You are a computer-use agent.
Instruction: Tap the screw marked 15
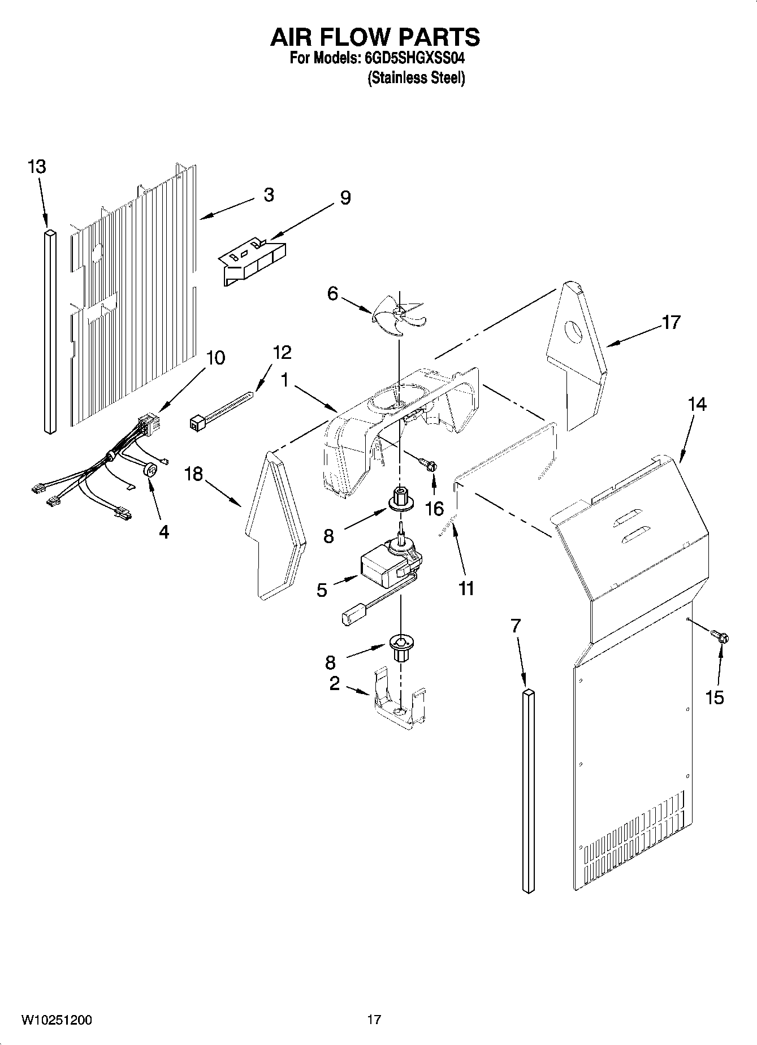(x=721, y=637)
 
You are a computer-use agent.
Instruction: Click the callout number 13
(x=37, y=167)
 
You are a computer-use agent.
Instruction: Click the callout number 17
(x=671, y=322)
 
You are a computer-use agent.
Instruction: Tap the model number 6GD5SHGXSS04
(x=412, y=58)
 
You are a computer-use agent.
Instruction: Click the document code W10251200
(x=57, y=1020)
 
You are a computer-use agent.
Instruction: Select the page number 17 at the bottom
(x=374, y=1020)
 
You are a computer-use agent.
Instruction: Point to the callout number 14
(x=697, y=405)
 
